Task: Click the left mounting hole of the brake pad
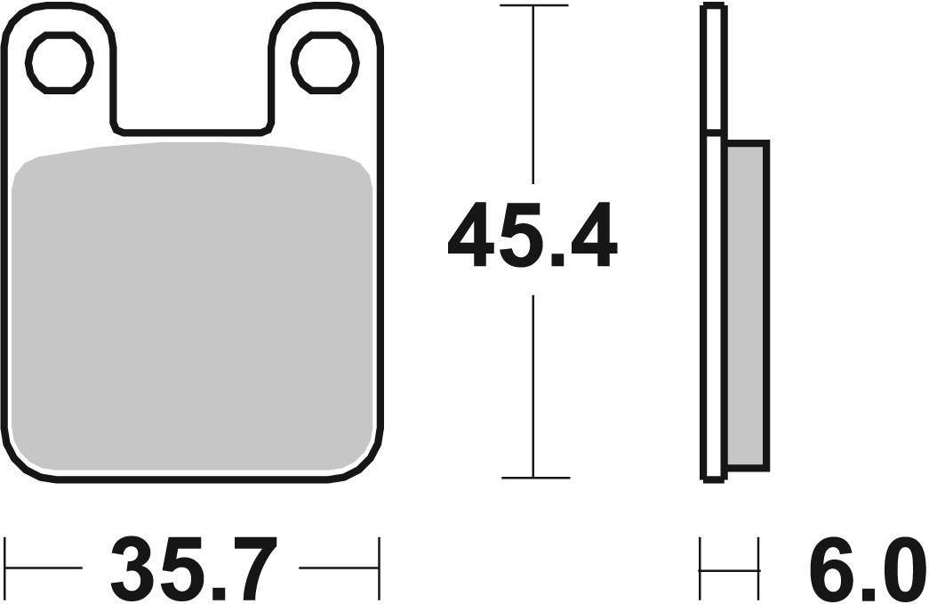(60, 62)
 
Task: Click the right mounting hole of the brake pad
(326, 62)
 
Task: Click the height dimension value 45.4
(532, 236)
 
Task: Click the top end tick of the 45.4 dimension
(533, 6)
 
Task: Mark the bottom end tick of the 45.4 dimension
(533, 478)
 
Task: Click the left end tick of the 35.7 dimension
(6, 568)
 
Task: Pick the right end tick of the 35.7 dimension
(380, 568)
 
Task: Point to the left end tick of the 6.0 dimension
(701, 568)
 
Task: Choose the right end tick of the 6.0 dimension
(758, 568)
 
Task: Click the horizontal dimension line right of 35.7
(338, 568)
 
